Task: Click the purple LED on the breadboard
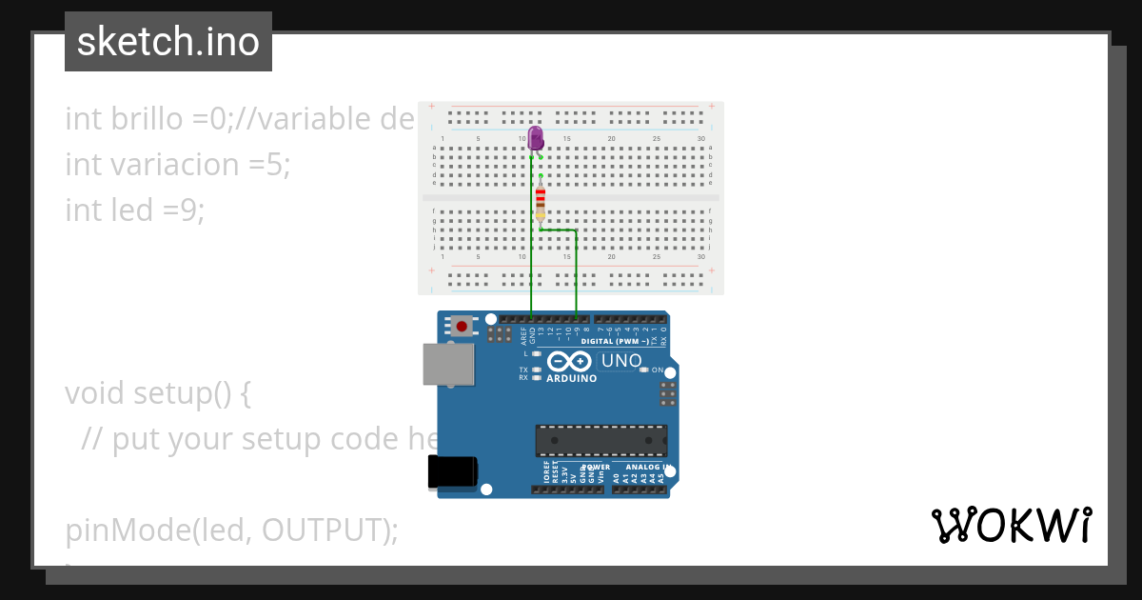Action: [536, 139]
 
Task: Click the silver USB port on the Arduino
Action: [448, 364]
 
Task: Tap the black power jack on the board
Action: [452, 471]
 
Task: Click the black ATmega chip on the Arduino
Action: [601, 441]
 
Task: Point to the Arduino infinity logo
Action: [570, 362]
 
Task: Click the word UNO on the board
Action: [621, 361]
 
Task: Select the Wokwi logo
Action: [1011, 525]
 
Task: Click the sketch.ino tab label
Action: [168, 42]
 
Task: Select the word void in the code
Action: [94, 392]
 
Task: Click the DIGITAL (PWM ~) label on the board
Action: [615, 341]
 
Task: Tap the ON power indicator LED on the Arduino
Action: [643, 370]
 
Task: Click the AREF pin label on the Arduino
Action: [522, 335]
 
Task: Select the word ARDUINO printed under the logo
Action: [571, 378]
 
